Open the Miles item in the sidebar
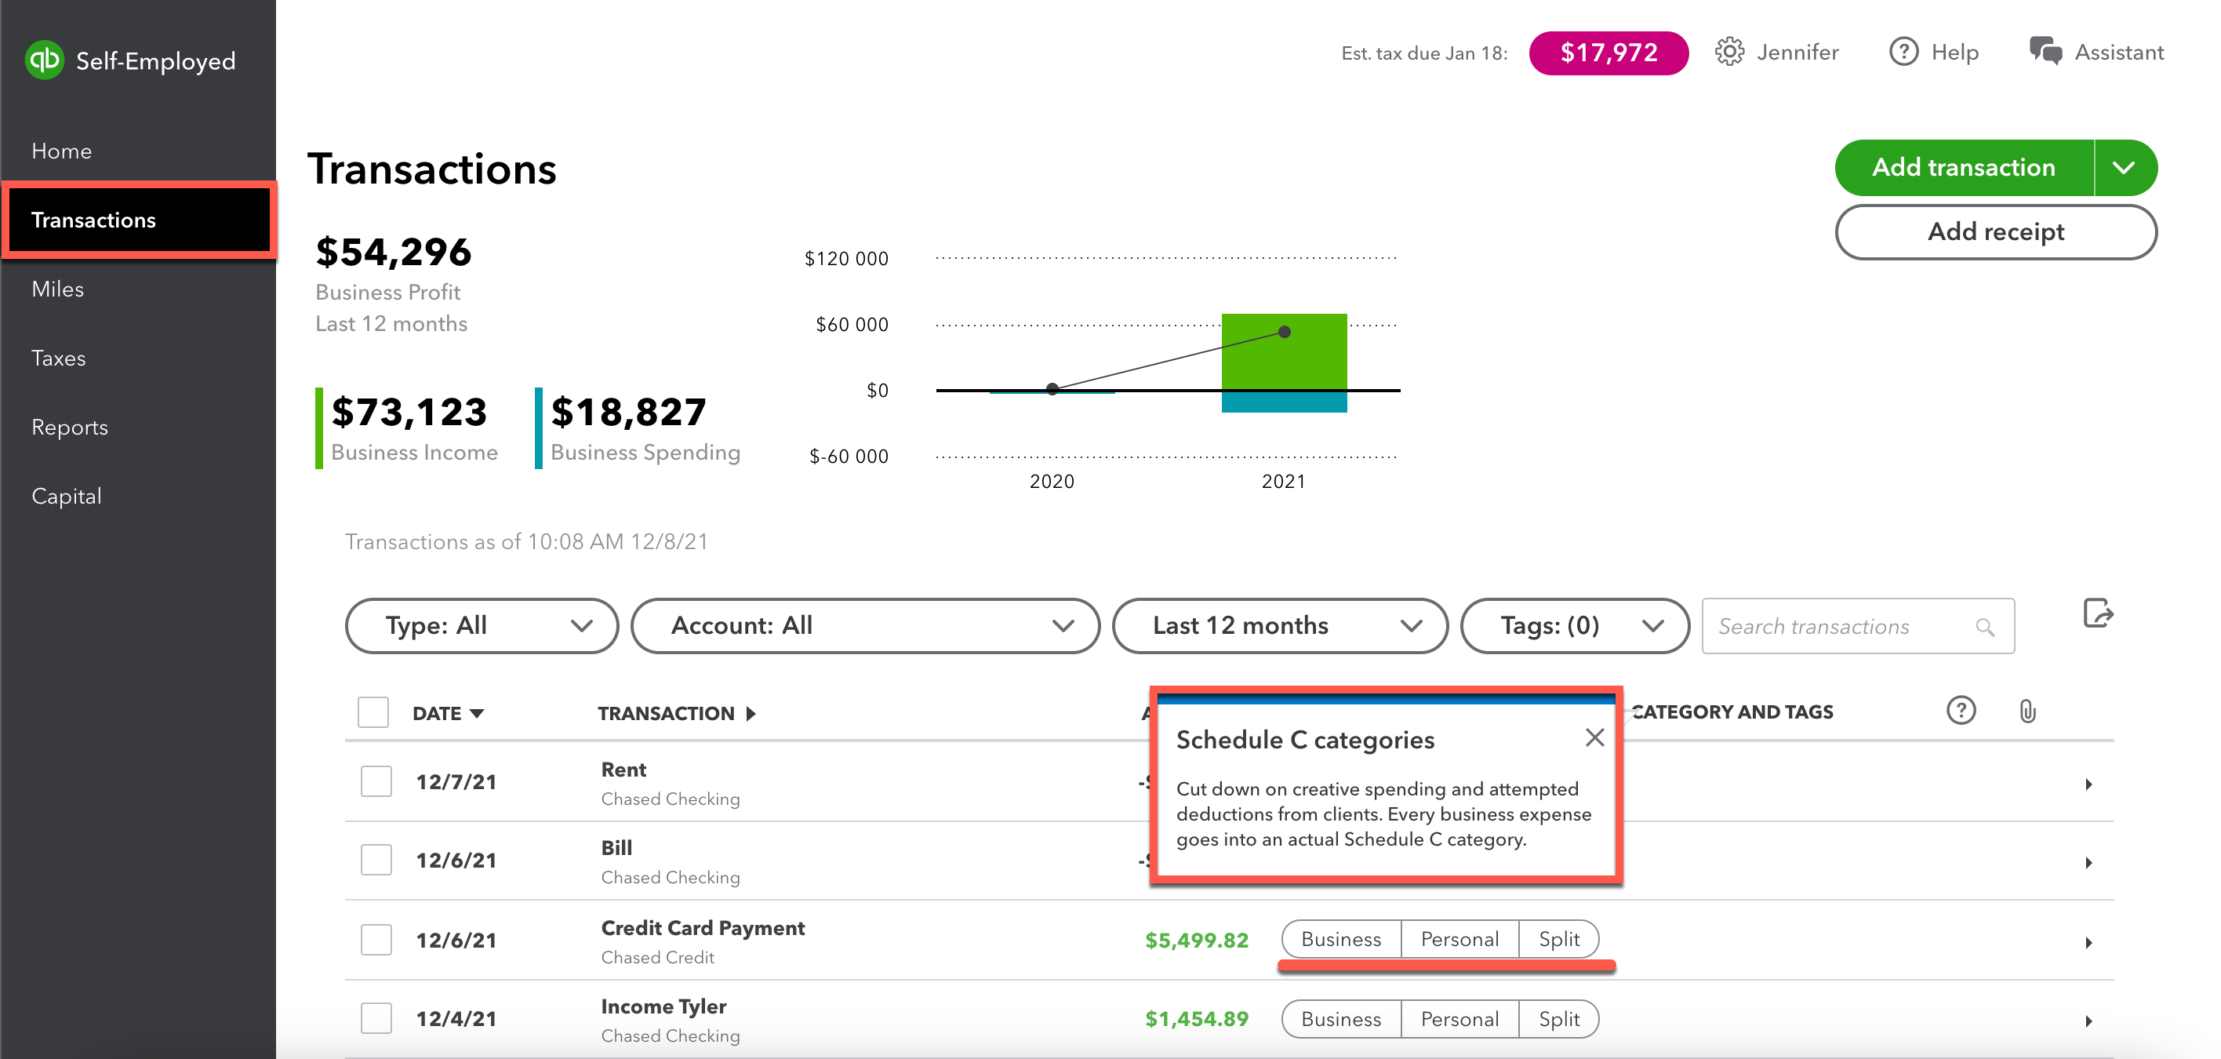tap(58, 289)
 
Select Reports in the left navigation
tap(70, 427)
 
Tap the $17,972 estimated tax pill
tap(1607, 53)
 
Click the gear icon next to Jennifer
tap(1728, 53)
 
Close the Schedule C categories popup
tap(1594, 737)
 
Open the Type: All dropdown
tap(481, 625)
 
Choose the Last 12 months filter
tap(1278, 625)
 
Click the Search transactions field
tap(1845, 626)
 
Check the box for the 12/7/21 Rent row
tap(376, 781)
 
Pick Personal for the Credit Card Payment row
tap(1459, 939)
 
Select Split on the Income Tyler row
tap(1558, 1018)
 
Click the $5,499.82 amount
tap(1196, 940)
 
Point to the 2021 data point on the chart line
tap(1284, 332)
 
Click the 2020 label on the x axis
tap(1051, 481)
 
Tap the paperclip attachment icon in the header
tap(2027, 711)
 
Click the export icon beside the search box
tap(2097, 614)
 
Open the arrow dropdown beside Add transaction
tap(2124, 167)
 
